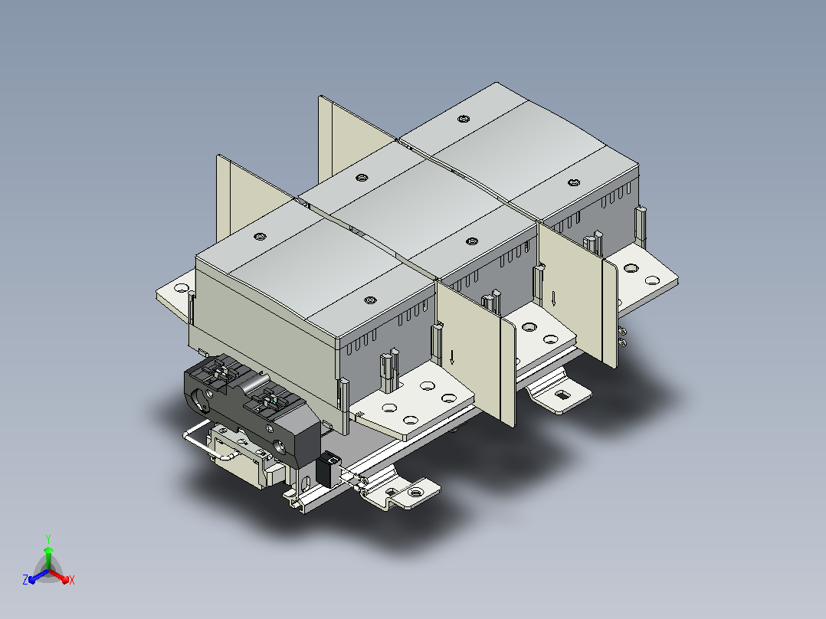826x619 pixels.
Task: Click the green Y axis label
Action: [48, 539]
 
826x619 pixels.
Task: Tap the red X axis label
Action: [72, 580]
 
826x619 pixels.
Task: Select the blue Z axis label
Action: [25, 579]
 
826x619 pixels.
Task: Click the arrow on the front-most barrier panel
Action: [452, 357]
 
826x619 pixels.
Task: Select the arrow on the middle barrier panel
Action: [553, 299]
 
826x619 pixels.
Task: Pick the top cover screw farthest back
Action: [463, 119]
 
